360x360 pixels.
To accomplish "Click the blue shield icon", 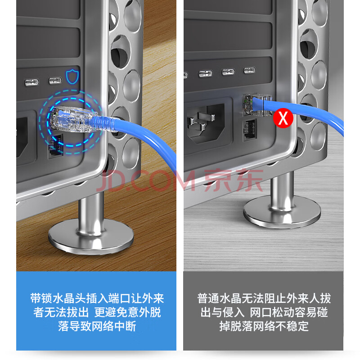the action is (x=72, y=76).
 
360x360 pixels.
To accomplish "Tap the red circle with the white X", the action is (x=283, y=118).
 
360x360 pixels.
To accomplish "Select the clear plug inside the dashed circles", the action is (x=73, y=119).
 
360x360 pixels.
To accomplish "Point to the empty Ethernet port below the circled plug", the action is (x=55, y=147).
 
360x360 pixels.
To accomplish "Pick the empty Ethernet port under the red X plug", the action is (x=250, y=130).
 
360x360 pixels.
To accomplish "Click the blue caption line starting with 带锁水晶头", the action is (x=97, y=298).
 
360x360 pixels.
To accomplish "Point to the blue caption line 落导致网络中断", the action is (x=97, y=326).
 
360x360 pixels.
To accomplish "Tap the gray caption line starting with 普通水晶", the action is (x=264, y=298).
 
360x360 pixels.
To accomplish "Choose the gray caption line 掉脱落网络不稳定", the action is (x=264, y=326).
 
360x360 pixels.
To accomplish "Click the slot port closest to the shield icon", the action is (x=55, y=81).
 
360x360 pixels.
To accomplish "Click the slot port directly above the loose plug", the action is (x=249, y=70).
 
